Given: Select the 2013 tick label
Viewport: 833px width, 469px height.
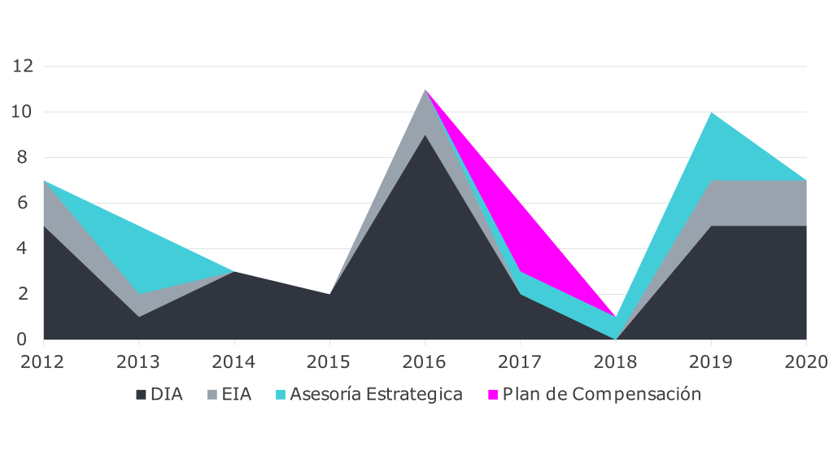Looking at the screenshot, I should [138, 362].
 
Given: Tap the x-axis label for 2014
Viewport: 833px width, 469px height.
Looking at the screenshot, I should [234, 362].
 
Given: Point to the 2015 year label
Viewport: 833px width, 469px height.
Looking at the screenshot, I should [329, 362].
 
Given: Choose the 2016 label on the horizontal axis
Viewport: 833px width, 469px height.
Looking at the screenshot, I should [425, 362].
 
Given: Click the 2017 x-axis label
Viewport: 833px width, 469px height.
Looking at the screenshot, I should [521, 362].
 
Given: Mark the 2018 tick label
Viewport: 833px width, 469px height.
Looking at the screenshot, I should [616, 362].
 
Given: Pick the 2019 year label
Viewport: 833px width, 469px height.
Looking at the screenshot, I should [711, 362].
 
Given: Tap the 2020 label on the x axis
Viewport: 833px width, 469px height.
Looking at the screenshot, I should [806, 362].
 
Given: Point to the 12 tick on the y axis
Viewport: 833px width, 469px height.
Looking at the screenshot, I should [23, 66].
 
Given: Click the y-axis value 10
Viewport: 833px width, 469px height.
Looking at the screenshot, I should [23, 112].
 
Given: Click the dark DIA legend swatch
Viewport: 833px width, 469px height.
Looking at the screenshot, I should [142, 395].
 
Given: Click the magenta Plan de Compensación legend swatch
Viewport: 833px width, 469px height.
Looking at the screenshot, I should [492, 395].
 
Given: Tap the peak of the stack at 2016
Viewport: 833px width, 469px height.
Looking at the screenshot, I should [425, 90].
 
